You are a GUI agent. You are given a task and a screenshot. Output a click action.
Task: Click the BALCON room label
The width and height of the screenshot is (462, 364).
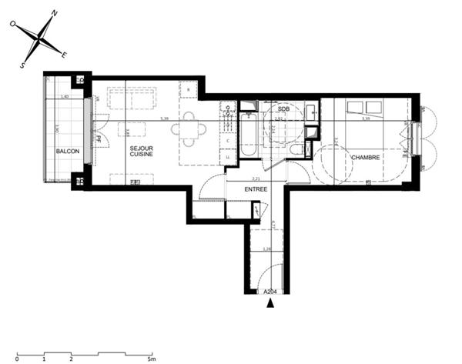(x=68, y=151)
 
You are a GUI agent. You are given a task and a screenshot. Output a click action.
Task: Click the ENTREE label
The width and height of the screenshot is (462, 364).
(x=256, y=189)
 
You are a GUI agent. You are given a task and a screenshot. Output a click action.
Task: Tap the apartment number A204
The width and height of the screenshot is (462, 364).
(x=270, y=292)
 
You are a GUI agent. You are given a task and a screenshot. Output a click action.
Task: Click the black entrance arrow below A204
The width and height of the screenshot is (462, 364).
(x=270, y=303)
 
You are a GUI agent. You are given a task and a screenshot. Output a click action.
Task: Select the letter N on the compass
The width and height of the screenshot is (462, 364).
(x=55, y=13)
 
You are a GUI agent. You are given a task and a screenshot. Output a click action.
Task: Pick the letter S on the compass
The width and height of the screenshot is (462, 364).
(x=22, y=65)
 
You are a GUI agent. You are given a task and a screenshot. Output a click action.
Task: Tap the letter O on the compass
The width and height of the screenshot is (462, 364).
(x=13, y=25)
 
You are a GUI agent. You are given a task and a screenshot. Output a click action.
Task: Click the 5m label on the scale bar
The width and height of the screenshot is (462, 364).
(x=152, y=359)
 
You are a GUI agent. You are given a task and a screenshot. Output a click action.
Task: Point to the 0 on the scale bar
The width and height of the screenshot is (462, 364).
(x=17, y=359)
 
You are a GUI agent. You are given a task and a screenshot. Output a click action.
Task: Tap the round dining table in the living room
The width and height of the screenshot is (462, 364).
(x=190, y=129)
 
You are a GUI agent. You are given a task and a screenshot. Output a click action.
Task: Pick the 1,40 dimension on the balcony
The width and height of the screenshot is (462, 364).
(x=65, y=96)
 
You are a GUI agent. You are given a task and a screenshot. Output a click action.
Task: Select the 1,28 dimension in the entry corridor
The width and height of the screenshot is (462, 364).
(x=267, y=249)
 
